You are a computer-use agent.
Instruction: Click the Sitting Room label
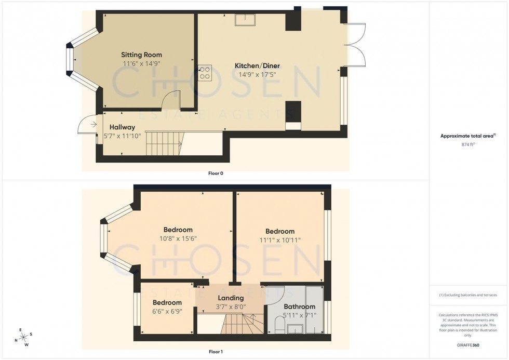point(141,55)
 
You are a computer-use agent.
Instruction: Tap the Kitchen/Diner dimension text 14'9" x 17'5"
point(257,74)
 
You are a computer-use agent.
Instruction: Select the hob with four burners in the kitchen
point(205,72)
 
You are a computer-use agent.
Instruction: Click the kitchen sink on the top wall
point(245,19)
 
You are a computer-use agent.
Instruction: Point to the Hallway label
point(122,127)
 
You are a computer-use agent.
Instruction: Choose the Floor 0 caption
point(215,173)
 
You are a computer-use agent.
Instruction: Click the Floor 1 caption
point(215,352)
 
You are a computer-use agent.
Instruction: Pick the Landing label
point(231,298)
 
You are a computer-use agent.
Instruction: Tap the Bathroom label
point(299,306)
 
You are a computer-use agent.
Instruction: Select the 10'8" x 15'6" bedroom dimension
point(178,238)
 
